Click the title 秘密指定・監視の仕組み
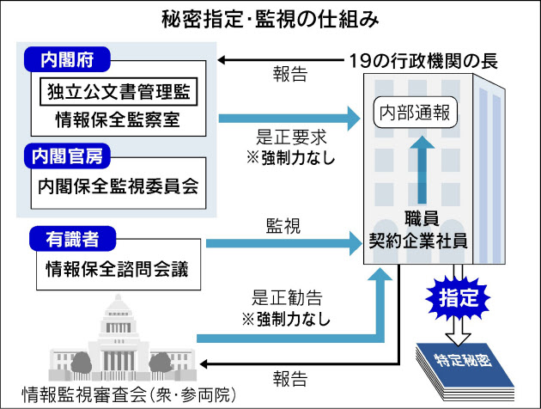(x=270, y=17)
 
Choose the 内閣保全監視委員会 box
(x=118, y=185)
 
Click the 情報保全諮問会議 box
(x=118, y=266)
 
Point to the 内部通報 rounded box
(x=416, y=113)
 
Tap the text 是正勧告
(x=287, y=299)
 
